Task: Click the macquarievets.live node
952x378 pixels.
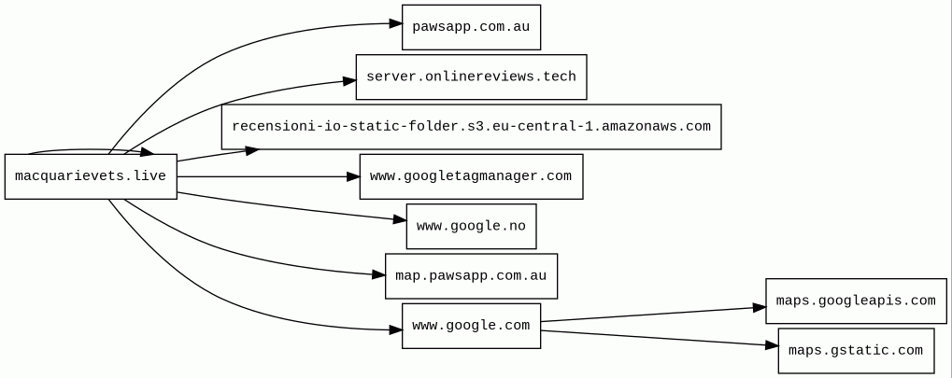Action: click(x=91, y=176)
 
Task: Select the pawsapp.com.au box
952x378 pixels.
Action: click(x=471, y=27)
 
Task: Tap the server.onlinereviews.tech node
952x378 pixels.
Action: click(x=471, y=77)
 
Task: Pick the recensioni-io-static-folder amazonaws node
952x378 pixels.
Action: click(x=471, y=127)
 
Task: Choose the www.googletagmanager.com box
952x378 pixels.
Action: click(x=471, y=176)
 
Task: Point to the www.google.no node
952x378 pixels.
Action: click(x=471, y=226)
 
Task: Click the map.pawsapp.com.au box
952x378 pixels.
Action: click(x=471, y=276)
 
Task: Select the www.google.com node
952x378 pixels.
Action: click(x=471, y=326)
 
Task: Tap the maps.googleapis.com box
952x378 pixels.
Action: click(x=856, y=301)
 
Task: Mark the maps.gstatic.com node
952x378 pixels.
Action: click(x=856, y=351)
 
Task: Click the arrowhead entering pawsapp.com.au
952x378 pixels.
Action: click(x=395, y=23)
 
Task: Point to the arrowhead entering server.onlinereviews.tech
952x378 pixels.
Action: click(x=349, y=80)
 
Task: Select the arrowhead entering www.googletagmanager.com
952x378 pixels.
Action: click(x=353, y=176)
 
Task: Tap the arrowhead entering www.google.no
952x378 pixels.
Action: click(x=400, y=219)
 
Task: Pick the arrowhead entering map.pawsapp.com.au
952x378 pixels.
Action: click(x=378, y=275)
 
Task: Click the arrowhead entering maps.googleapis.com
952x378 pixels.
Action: click(x=759, y=308)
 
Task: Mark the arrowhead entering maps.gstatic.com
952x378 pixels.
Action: click(x=772, y=345)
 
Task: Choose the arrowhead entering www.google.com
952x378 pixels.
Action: click(x=395, y=330)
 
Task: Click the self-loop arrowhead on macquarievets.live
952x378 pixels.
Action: click(x=147, y=152)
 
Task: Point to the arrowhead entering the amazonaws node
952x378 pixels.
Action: click(x=252, y=150)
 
